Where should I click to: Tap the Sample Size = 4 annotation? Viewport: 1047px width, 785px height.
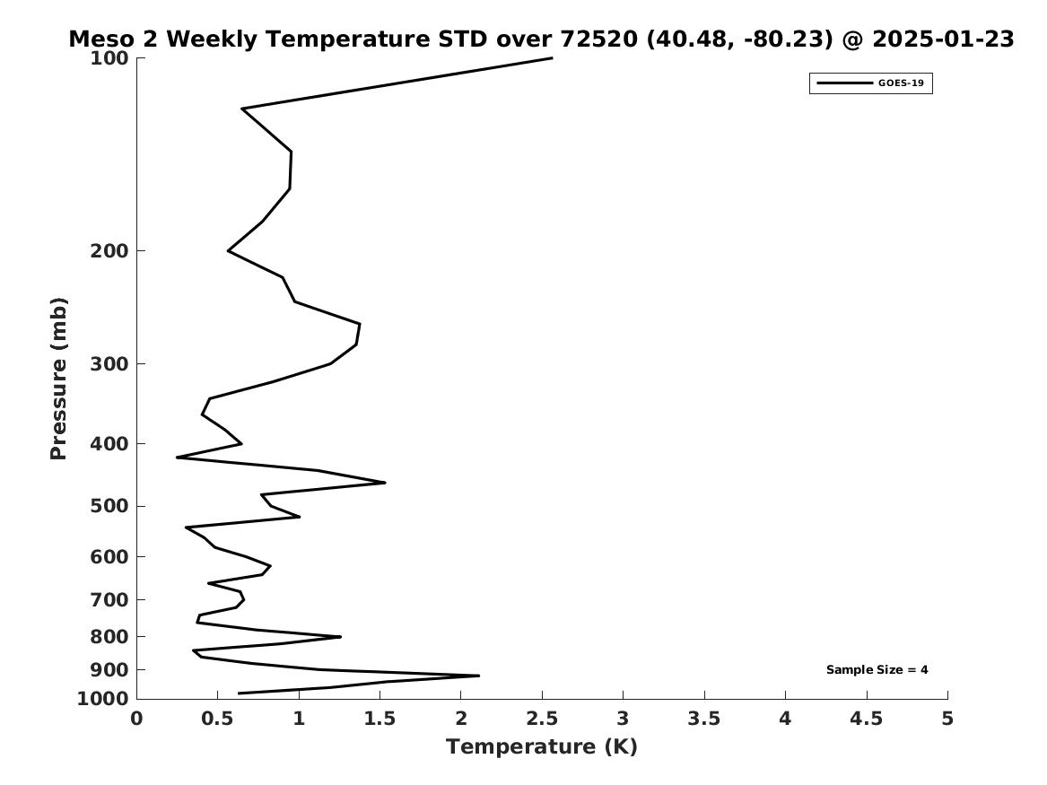click(x=877, y=670)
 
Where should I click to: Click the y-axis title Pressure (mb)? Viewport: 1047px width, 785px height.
click(x=59, y=379)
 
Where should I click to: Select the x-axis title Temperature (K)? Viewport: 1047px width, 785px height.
click(x=541, y=746)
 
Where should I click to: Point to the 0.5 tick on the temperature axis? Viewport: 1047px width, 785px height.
click(x=217, y=719)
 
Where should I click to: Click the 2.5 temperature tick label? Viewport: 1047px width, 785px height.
click(x=542, y=719)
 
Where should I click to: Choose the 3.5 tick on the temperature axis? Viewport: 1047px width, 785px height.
click(x=704, y=719)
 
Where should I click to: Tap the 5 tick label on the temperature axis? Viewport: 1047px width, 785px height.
click(x=947, y=719)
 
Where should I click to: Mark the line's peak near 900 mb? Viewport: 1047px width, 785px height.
click(x=478, y=676)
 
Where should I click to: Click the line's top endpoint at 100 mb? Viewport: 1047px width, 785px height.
click(x=552, y=58)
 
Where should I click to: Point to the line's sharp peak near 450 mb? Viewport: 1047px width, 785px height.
click(x=385, y=483)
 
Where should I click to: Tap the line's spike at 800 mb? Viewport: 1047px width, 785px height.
click(x=340, y=637)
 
